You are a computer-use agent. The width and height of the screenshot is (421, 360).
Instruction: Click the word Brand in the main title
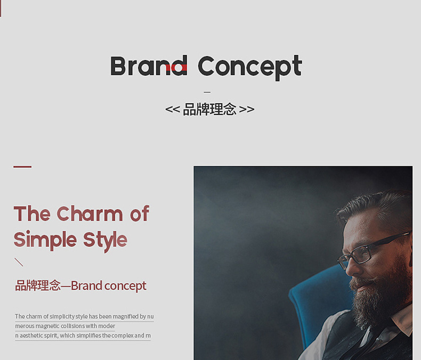[149, 66]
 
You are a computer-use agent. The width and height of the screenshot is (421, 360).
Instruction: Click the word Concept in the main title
[250, 67]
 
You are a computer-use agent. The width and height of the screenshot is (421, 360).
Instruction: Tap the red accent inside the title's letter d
[180, 67]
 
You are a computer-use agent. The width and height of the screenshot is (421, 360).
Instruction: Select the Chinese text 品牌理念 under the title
[209, 110]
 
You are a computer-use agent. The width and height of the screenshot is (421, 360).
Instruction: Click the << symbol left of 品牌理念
[172, 110]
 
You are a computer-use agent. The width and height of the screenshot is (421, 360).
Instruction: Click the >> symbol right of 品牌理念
[247, 110]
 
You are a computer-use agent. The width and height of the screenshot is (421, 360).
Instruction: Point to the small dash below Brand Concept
[207, 92]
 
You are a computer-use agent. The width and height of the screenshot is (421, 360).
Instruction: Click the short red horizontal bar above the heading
[22, 167]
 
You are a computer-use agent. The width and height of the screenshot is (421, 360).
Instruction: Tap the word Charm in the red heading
[90, 214]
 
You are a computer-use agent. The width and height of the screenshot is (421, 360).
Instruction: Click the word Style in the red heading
[105, 241]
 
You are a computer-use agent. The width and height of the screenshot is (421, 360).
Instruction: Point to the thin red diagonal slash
[19, 262]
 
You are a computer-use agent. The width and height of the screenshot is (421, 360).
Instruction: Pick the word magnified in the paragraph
[126, 316]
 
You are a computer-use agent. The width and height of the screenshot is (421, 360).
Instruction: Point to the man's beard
[381, 295]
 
